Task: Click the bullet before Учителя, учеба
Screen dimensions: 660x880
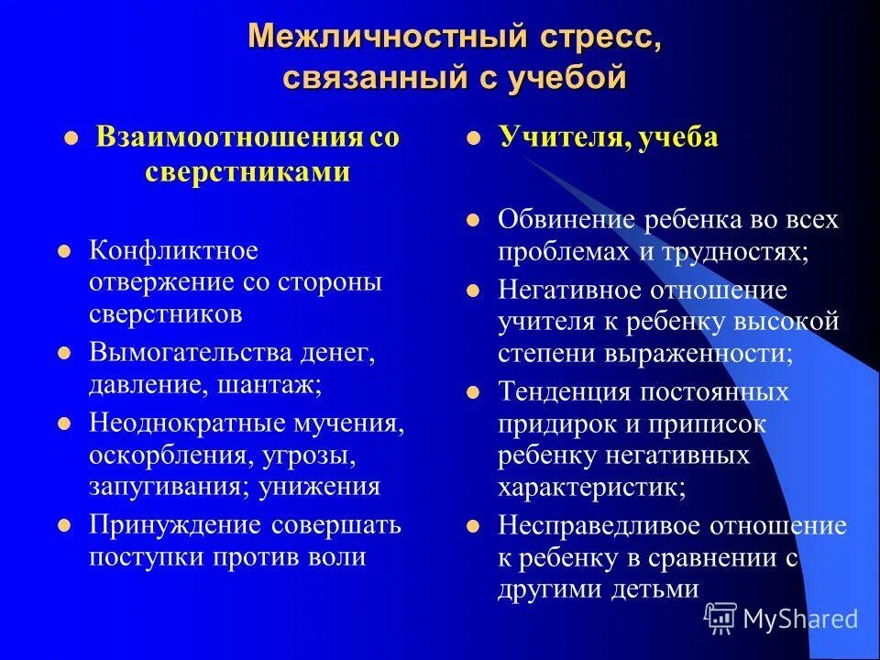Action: pyautogui.click(x=474, y=140)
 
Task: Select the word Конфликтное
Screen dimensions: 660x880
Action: pyautogui.click(x=173, y=250)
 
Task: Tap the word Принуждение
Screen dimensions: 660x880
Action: pyautogui.click(x=176, y=525)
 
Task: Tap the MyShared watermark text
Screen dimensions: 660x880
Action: pyautogui.click(x=800, y=619)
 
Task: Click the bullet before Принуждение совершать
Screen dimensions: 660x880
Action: pyautogui.click(x=64, y=527)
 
